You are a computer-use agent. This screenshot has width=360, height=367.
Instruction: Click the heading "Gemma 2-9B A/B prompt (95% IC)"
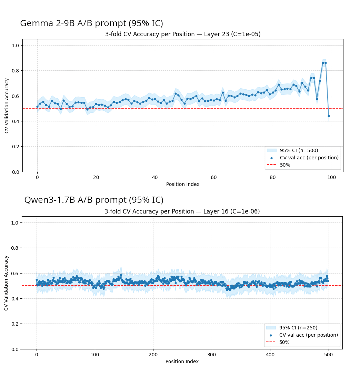pos(91,23)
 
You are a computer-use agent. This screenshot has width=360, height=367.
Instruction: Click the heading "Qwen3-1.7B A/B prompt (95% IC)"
pos(94,200)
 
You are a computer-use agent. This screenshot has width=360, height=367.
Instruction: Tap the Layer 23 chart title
pos(183,34)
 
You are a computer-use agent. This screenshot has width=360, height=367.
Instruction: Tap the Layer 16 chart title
pos(182,211)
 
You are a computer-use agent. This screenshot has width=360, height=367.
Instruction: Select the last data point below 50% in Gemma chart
pos(329,116)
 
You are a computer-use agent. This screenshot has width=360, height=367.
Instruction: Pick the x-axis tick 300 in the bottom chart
pos(212,355)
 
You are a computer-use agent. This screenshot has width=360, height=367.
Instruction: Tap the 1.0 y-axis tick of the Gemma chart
pos(16,46)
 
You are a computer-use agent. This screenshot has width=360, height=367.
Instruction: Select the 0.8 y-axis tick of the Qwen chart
pos(15,248)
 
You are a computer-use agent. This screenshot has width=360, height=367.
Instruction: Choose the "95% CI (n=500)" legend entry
pos(299,150)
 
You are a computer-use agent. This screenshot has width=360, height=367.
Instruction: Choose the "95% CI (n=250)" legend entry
pos(298,328)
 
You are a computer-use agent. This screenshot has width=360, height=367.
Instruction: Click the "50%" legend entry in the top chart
pos(285,165)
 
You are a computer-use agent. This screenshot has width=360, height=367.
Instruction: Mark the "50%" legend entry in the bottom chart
pos(284,342)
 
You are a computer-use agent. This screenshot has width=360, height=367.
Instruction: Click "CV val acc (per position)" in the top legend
pos(309,158)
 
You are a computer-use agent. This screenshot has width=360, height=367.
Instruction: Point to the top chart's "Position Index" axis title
pos(183,184)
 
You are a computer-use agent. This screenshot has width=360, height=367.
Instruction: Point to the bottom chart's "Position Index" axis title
pos(182,361)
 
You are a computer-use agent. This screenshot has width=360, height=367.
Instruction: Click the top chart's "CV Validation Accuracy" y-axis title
pos(7,106)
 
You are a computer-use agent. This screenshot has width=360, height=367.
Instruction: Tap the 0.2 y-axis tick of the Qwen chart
pos(15,324)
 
